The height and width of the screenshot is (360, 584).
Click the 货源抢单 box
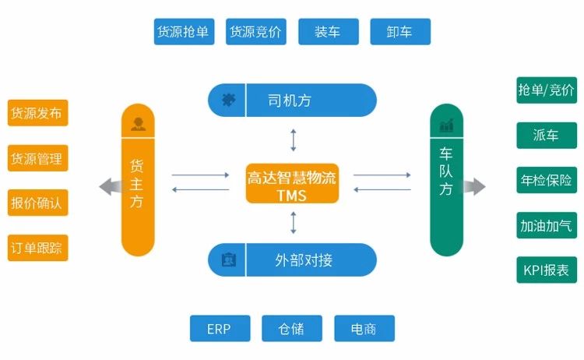click(x=185, y=32)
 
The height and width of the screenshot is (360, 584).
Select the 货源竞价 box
click(x=256, y=32)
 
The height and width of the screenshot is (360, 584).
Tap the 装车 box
click(x=328, y=32)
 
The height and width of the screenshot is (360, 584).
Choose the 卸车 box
click(x=399, y=32)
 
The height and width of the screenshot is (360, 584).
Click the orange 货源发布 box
click(x=37, y=112)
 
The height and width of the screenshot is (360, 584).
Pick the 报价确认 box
click(x=37, y=203)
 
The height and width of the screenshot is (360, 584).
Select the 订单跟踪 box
click(x=37, y=249)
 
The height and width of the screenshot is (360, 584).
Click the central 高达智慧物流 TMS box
click(x=292, y=184)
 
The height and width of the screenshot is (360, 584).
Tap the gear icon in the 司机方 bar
click(x=228, y=99)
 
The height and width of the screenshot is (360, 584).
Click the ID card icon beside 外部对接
click(x=228, y=259)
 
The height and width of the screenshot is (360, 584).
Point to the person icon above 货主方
click(x=138, y=123)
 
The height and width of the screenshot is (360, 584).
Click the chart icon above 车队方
click(x=446, y=125)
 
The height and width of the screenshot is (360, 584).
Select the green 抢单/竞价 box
click(x=546, y=90)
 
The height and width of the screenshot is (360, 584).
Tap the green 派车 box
click(x=546, y=136)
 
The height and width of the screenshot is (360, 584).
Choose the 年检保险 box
click(x=546, y=181)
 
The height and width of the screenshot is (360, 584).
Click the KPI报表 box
click(x=546, y=270)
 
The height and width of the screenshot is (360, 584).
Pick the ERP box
click(x=220, y=329)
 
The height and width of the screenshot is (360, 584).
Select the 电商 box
click(x=364, y=329)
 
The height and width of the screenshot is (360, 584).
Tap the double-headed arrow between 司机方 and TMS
click(x=294, y=139)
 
